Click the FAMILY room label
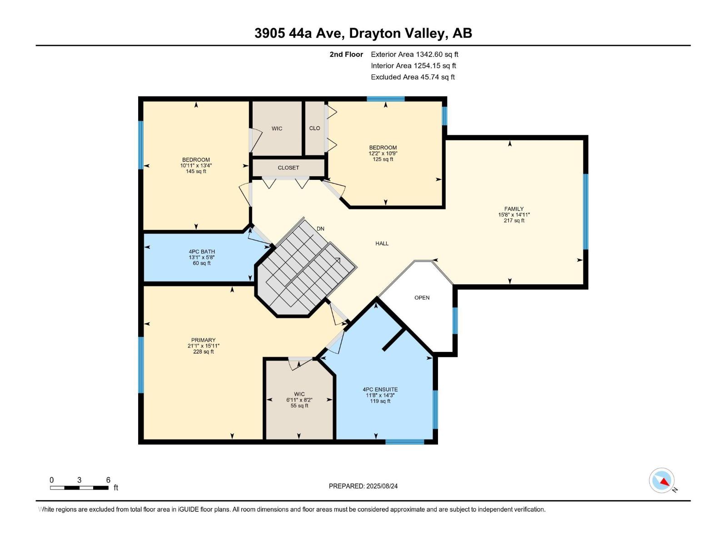(514, 209)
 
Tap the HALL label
(382, 243)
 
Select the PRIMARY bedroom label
(203, 340)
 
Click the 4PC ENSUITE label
(380, 390)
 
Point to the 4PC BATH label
(202, 252)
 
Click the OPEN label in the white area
(422, 297)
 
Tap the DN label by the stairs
(320, 228)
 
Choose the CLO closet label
(314, 128)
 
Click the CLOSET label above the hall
(288, 168)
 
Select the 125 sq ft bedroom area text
(383, 159)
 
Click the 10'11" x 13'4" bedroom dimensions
(196, 165)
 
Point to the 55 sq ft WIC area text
(299, 406)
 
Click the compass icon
(662, 480)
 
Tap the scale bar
(79, 488)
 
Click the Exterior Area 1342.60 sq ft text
(414, 54)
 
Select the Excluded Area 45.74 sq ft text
(413, 77)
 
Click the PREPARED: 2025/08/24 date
(363, 486)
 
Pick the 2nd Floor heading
(346, 54)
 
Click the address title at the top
(363, 33)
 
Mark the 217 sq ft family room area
(514, 220)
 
